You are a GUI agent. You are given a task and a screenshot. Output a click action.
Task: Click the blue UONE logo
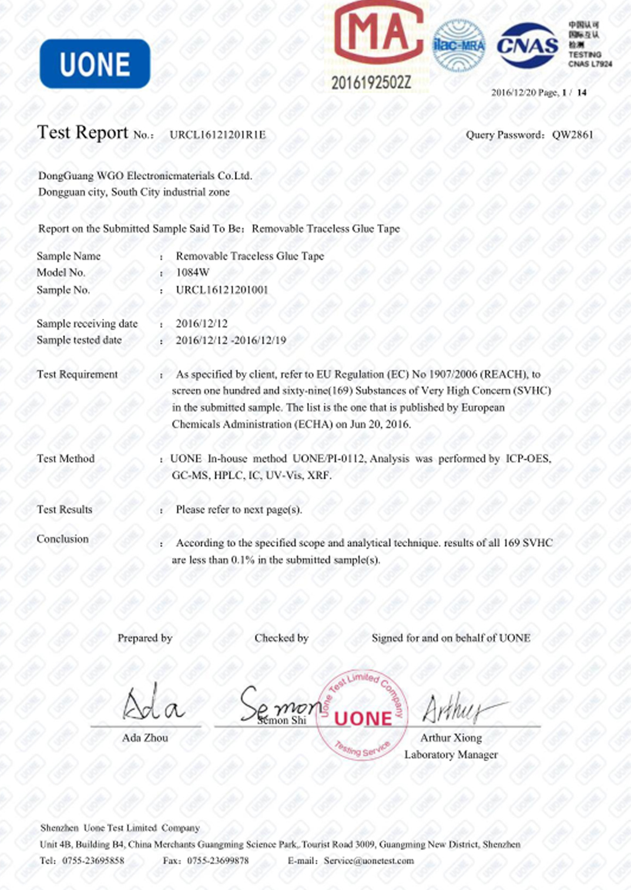coord(95,64)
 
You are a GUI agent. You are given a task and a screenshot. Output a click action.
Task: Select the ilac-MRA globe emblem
coord(459,45)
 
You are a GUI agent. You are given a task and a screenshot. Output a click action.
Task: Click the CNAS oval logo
coord(527,46)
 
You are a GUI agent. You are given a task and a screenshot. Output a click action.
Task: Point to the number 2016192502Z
coord(371,83)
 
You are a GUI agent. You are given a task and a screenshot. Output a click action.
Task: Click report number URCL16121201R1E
coord(217,135)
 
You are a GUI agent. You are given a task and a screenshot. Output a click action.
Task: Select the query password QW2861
coord(572,135)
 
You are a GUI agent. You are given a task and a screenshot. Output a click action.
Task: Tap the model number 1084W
coord(193,272)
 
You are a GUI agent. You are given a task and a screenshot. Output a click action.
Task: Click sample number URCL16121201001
coord(222,289)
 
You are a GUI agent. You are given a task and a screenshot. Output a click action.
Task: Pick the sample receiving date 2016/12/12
coord(202,323)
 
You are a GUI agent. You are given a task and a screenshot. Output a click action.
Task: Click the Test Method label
coord(65,459)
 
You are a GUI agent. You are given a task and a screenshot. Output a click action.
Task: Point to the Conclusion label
coord(62,539)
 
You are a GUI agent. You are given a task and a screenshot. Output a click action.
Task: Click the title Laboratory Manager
coord(451,755)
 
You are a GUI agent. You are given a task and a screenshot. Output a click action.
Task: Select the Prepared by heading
coord(145,638)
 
